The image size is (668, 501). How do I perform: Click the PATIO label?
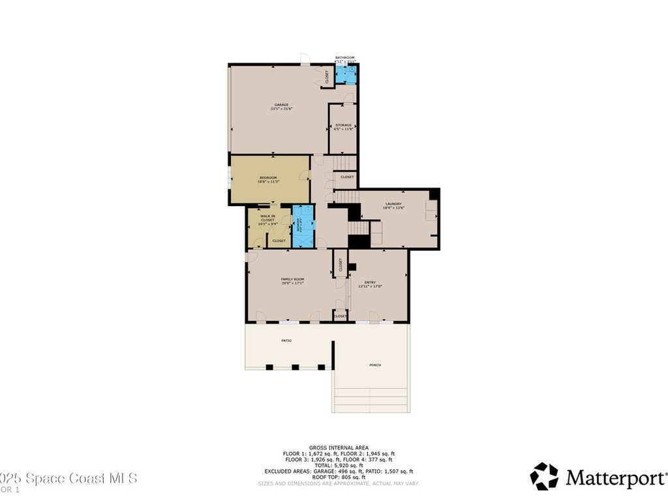286,341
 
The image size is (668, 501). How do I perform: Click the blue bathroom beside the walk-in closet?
303,226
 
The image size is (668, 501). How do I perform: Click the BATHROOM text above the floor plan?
345,57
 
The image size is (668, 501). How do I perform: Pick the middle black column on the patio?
295,367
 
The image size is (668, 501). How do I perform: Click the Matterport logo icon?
543,476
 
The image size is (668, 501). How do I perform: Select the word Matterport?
615,478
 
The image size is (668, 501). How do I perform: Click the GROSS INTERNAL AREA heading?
339,448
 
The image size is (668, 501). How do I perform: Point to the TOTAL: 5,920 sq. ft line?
339,464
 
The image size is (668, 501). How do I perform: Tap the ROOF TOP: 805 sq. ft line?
339,477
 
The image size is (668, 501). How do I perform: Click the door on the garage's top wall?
305,61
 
